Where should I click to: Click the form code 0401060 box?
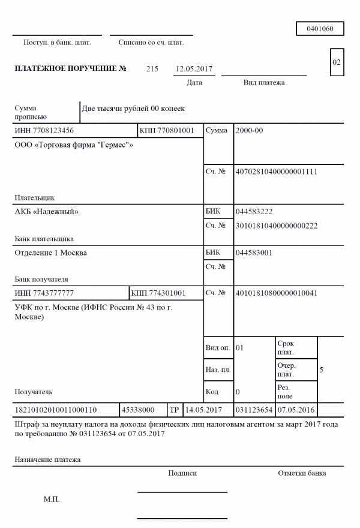(x=319, y=29)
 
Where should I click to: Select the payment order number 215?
(x=152, y=69)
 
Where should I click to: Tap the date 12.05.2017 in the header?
(x=194, y=69)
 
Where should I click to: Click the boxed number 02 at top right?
(x=337, y=62)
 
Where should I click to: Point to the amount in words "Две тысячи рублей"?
(x=134, y=109)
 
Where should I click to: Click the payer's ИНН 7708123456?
(x=44, y=130)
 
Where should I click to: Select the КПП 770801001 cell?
(x=167, y=130)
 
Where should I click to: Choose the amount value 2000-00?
(x=250, y=130)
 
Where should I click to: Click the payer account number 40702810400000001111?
(x=277, y=172)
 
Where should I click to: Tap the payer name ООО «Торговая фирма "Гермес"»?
(x=74, y=145)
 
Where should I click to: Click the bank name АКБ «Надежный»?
(x=47, y=211)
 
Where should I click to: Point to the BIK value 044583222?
(x=255, y=211)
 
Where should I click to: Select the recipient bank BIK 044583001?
(x=255, y=253)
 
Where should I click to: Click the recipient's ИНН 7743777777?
(x=44, y=293)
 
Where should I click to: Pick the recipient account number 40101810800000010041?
(x=277, y=293)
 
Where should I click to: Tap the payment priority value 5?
(x=322, y=370)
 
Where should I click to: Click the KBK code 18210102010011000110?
(x=55, y=410)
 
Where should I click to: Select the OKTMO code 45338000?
(x=138, y=410)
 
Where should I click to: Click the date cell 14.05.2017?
(x=204, y=410)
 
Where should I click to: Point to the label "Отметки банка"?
(x=302, y=473)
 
